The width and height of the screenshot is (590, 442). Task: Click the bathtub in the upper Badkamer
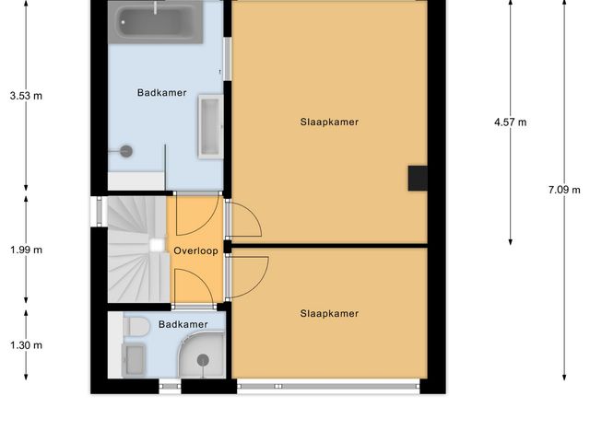coord(156,23)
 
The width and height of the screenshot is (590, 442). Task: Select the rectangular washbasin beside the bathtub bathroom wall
coord(210,126)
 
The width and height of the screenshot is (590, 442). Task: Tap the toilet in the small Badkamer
coord(136,326)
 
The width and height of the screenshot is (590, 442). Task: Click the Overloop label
coord(195,250)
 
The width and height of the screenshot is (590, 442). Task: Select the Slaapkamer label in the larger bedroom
coord(329,122)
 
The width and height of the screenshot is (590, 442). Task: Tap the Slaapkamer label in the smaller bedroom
coord(329,313)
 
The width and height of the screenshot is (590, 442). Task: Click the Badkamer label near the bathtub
coord(162,92)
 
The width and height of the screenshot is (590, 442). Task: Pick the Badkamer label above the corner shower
coord(183,324)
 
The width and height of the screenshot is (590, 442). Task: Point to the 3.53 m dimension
coord(26,95)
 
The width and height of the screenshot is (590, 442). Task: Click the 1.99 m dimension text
coord(26,250)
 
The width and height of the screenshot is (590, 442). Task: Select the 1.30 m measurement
coord(26,345)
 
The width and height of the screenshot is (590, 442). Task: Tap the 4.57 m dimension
coord(510,122)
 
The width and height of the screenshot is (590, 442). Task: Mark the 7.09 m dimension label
coord(563,190)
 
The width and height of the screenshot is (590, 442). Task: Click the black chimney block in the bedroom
coord(419,178)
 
